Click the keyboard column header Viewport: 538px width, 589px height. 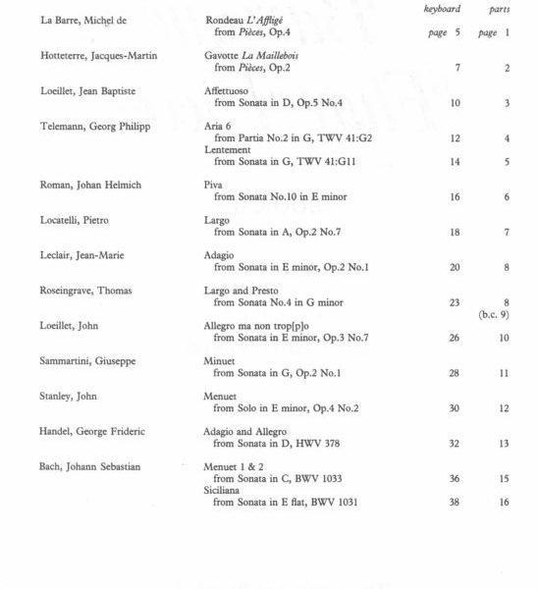tap(441, 10)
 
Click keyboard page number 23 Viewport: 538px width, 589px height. tap(455, 302)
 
